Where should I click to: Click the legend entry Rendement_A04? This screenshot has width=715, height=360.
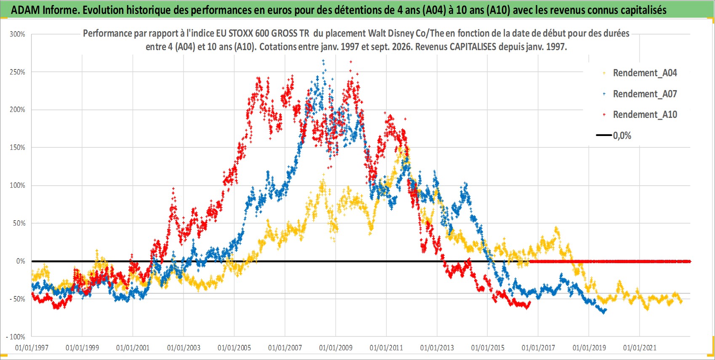coord(645,73)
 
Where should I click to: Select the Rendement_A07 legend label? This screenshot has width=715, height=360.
coord(645,94)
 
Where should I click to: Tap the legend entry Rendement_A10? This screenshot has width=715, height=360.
coord(645,115)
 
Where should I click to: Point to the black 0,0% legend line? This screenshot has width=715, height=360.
coord(604,135)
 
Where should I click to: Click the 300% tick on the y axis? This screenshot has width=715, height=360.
coord(17,34)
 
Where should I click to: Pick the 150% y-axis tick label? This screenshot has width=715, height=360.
coord(17,147)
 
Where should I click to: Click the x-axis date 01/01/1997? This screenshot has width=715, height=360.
coord(32,347)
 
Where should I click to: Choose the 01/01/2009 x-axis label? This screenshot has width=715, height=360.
coord(336,347)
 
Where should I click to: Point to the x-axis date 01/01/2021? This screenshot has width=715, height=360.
coord(640,347)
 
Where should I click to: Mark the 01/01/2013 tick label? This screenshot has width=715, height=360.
coord(437,347)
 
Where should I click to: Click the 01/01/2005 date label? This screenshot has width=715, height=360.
coord(234,347)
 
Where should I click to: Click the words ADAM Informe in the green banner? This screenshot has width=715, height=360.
coord(44,10)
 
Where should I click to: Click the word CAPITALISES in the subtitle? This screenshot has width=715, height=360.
coord(473,47)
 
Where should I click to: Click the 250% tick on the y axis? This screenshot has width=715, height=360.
coord(17,72)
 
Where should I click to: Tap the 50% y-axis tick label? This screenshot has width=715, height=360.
coord(19,224)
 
